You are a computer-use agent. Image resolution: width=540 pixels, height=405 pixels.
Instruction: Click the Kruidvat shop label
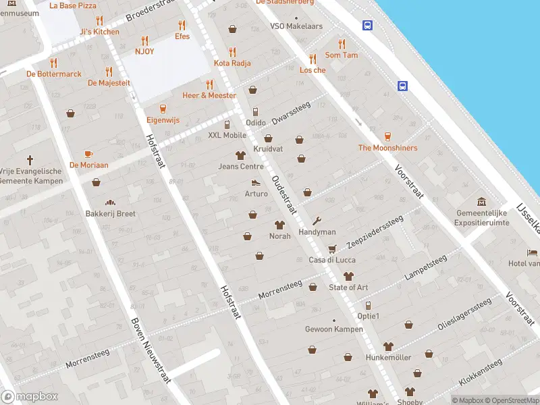(x=268, y=148)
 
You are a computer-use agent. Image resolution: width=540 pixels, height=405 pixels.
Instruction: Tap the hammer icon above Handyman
(x=317, y=221)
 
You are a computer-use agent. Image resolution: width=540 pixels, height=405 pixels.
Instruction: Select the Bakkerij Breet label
(x=110, y=213)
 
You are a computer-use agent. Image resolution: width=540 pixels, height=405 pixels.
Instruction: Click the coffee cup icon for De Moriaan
(x=88, y=154)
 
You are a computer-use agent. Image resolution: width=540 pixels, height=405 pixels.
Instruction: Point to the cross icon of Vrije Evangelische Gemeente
(x=30, y=160)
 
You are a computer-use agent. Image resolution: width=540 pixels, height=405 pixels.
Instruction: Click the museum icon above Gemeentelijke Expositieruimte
(x=482, y=202)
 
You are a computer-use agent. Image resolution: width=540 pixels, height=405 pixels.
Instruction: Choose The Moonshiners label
(x=387, y=148)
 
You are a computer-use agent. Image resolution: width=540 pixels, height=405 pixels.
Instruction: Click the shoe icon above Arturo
(x=256, y=182)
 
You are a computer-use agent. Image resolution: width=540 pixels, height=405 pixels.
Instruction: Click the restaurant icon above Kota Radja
(x=232, y=51)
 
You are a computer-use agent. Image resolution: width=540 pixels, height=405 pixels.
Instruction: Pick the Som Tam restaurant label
(x=342, y=55)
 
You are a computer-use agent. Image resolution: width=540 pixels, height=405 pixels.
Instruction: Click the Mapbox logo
(x=30, y=396)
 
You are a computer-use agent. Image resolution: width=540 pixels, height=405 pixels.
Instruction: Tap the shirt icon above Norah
(x=279, y=225)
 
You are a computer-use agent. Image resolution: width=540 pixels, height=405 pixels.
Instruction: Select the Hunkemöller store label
(x=388, y=357)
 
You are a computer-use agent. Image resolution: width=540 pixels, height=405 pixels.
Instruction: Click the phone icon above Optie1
(x=368, y=305)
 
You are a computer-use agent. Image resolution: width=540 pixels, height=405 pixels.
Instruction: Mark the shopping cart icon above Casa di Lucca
(x=331, y=248)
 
